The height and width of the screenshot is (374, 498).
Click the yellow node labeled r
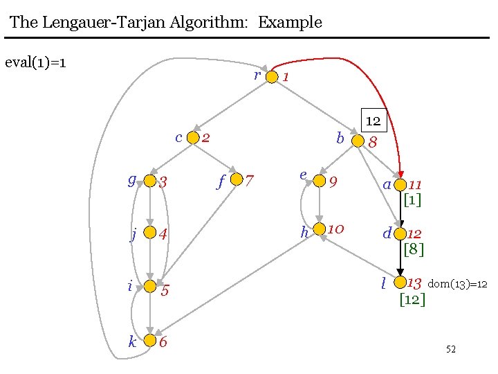click(x=272, y=77)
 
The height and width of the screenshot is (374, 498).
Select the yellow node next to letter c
click(x=193, y=138)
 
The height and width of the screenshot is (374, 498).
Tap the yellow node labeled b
click(x=357, y=141)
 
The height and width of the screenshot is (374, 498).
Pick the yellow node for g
click(x=149, y=182)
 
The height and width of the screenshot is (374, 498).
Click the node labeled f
click(x=237, y=180)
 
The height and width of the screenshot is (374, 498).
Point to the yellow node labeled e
click(x=319, y=181)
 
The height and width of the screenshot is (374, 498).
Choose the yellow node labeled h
click(x=319, y=229)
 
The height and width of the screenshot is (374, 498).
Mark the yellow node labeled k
click(x=150, y=341)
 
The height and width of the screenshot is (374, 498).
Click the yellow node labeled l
click(x=399, y=283)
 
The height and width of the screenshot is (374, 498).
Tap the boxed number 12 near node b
click(x=373, y=121)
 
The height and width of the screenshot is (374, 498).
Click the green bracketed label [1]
click(x=412, y=200)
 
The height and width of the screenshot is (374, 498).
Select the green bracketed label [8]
click(x=413, y=248)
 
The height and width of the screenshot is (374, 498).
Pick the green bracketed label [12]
click(x=412, y=299)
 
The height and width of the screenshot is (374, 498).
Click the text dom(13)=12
click(x=458, y=284)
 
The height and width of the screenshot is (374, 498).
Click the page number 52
click(x=450, y=349)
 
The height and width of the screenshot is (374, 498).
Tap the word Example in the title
click(x=290, y=21)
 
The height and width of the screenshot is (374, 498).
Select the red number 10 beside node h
click(x=336, y=229)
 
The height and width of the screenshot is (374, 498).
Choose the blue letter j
click(x=133, y=234)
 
